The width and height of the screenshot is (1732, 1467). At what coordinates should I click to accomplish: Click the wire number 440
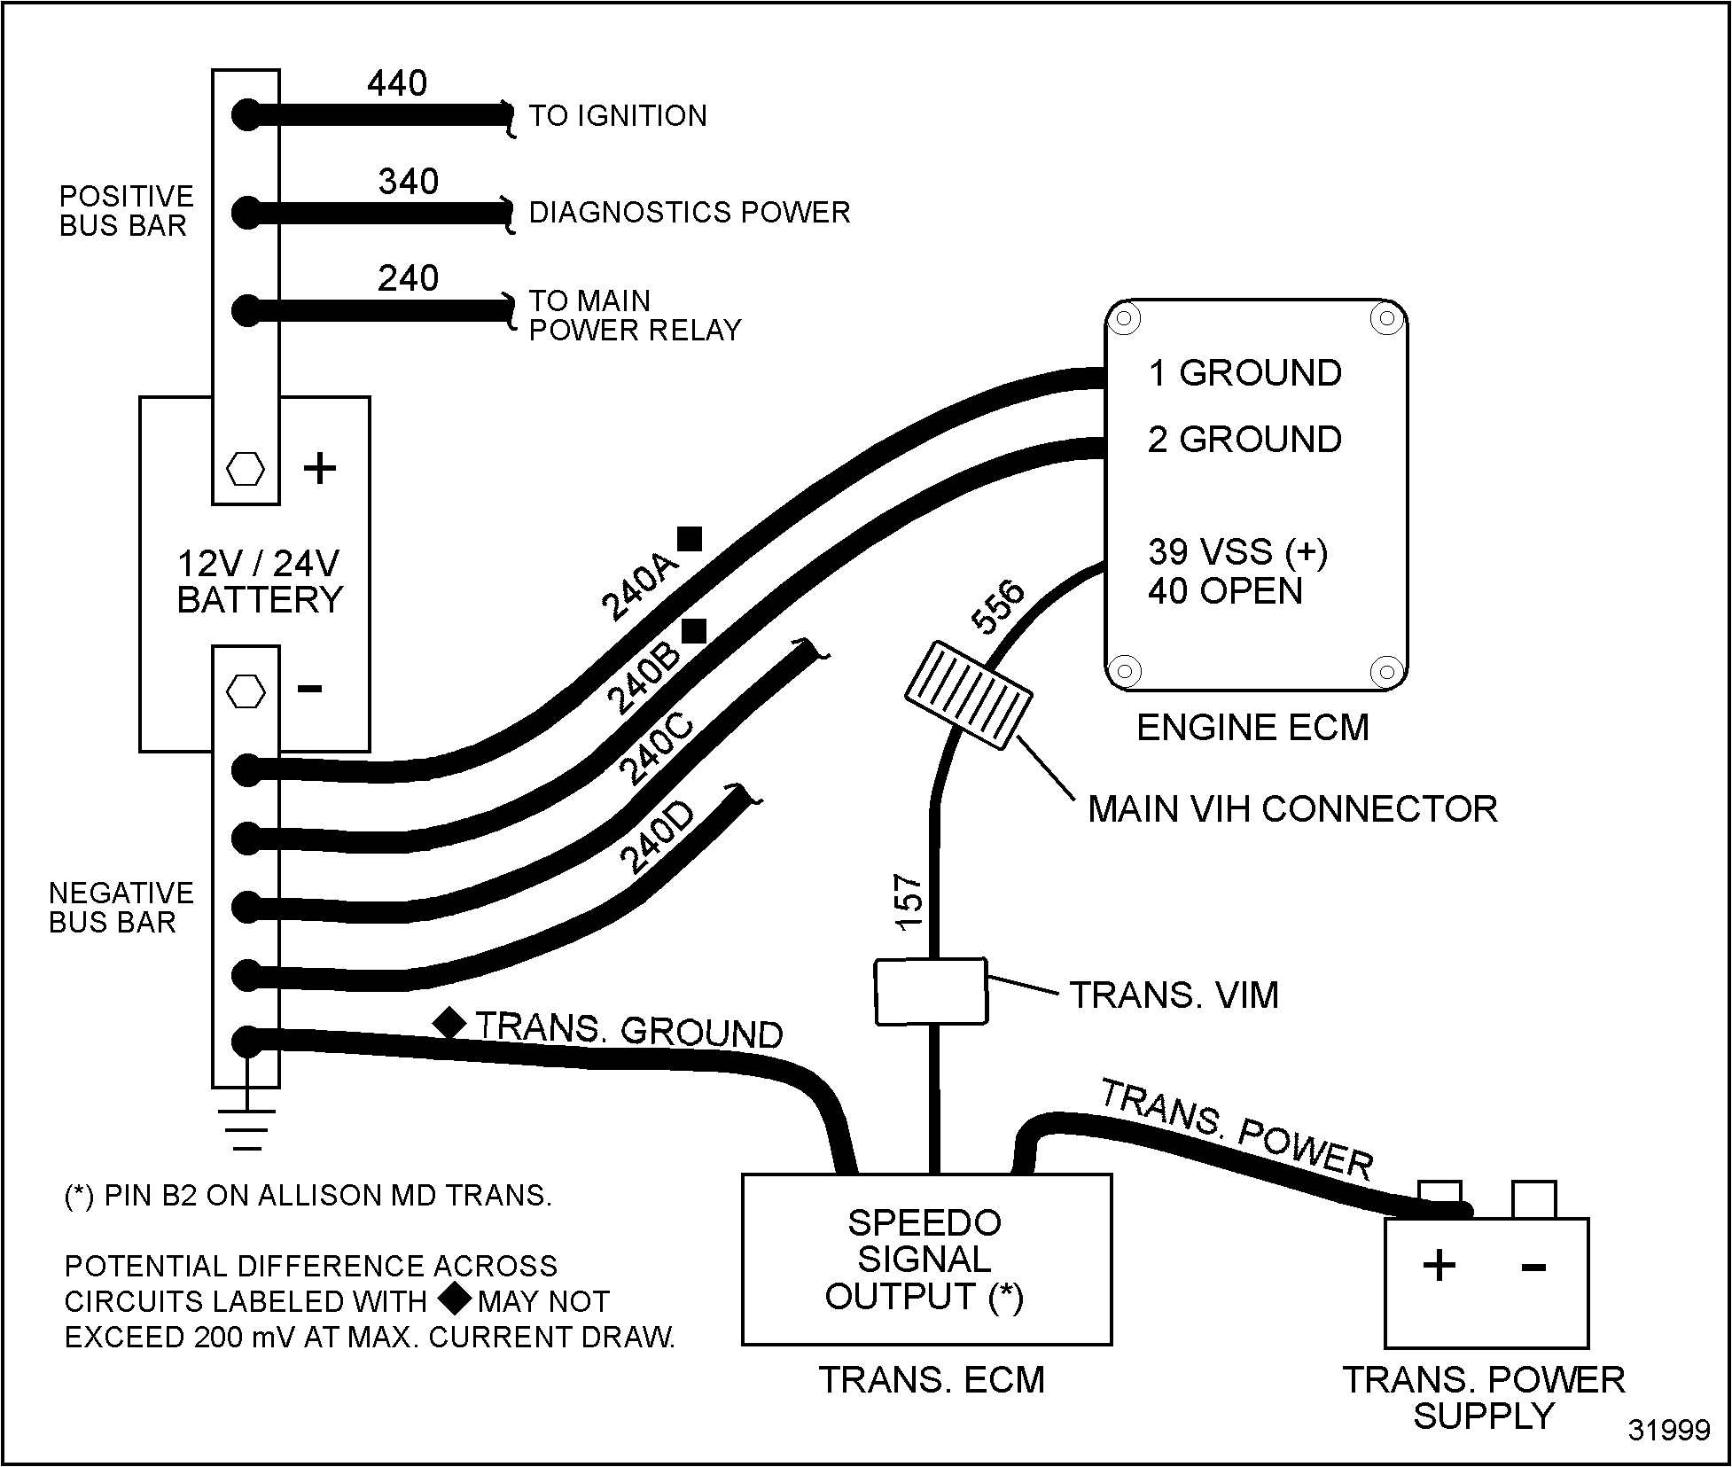tap(397, 83)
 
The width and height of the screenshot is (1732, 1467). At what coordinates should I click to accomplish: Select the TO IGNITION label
tap(618, 116)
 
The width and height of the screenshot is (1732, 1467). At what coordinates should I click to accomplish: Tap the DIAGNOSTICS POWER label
tap(690, 213)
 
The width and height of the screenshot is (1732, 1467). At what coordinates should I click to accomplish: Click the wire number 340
tap(409, 182)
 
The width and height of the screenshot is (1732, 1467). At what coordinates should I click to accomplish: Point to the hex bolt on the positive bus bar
tap(246, 469)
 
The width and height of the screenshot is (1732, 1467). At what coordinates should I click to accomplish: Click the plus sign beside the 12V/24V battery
tap(320, 468)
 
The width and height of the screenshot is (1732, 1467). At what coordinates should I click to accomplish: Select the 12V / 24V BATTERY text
tap(259, 581)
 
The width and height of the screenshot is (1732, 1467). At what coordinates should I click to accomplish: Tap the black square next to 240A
tap(690, 538)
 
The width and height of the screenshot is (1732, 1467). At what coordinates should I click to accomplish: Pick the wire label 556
tap(997, 608)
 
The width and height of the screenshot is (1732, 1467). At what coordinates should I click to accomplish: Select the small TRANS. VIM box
tap(931, 992)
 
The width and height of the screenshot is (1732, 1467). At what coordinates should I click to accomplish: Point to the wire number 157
tap(910, 903)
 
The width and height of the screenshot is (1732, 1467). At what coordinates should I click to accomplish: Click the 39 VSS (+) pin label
tap(1237, 551)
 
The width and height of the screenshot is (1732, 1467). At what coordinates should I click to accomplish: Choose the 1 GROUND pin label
tap(1244, 373)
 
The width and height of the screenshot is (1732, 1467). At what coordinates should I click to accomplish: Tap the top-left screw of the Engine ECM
tap(1125, 318)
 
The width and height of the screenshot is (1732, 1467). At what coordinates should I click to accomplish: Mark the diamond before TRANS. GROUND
tap(449, 1022)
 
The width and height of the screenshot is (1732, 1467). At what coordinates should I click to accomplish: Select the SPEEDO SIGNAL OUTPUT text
tap(925, 1259)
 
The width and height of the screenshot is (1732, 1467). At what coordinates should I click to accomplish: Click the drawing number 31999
tap(1669, 1431)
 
